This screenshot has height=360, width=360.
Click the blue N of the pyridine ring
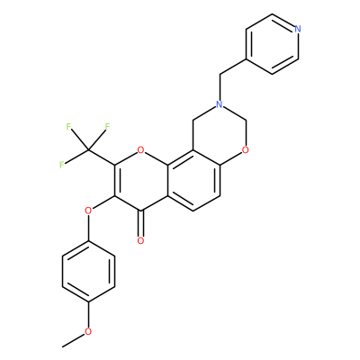(297, 29)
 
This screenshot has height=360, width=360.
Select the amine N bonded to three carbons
(220, 104)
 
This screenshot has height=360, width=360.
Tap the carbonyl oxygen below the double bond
(140, 240)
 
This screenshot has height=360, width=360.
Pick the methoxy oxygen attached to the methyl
(88, 331)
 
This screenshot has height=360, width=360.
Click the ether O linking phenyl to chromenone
(88, 211)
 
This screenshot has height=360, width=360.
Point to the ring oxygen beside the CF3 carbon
(140, 150)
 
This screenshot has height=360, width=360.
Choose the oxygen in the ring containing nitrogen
(246, 150)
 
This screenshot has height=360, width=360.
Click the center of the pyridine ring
(272, 44)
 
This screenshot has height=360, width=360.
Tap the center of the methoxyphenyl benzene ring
(88, 271)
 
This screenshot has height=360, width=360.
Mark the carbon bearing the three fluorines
(88, 149)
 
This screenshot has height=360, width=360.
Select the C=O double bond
(140, 222)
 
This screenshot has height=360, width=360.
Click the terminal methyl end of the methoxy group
(62, 346)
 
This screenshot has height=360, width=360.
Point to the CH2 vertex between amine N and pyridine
(220, 75)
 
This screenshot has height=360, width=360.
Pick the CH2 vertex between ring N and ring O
(246, 120)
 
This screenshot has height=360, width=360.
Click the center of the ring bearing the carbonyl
(140, 180)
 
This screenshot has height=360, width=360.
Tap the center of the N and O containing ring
(220, 135)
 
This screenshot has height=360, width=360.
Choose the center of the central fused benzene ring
(193, 180)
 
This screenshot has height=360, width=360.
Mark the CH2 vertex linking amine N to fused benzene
(193, 120)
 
